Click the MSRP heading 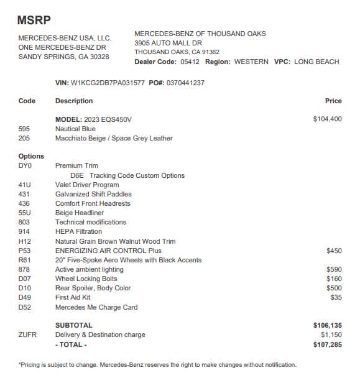click(35, 20)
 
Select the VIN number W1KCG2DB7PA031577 click(109, 83)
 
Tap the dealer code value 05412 click(191, 62)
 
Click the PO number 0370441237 click(185, 83)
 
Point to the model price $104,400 click(327, 119)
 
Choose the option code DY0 click(25, 166)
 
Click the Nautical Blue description click(75, 129)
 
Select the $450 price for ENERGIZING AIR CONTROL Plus click(334, 251)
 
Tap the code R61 click(25, 260)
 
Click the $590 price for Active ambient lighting click(334, 269)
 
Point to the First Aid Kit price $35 click(336, 298)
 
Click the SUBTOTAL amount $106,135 click(327, 325)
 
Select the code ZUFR click(27, 335)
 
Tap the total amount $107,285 click(327, 344)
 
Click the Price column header click(333, 101)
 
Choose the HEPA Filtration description click(78, 231)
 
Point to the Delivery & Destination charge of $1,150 click(330, 335)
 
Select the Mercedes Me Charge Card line click(96, 307)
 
